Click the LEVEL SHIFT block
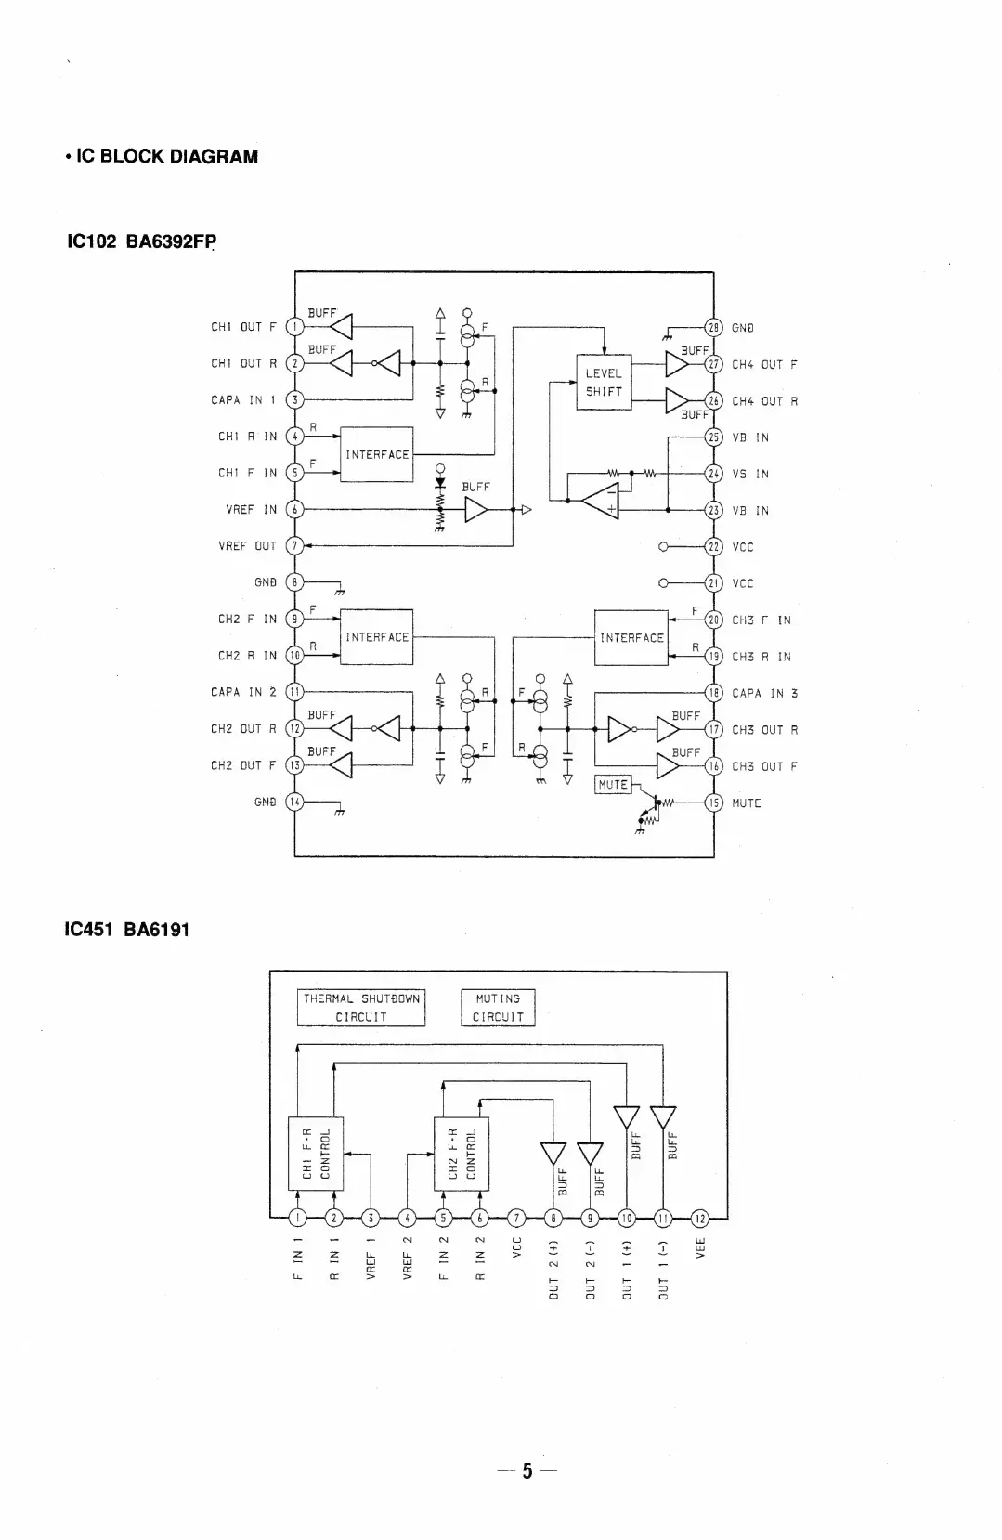coord(604,382)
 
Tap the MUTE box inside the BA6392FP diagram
coord(613,785)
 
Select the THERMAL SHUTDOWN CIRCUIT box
coord(361,1008)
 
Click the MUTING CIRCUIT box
coord(499,1008)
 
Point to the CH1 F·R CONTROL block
coord(316,1154)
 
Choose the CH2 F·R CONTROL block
coord(462,1154)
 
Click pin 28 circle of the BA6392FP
coord(714,327)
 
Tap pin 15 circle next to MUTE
coord(714,803)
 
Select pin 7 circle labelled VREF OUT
coord(294,546)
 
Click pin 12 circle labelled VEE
coord(700,1218)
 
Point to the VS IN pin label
coord(750,474)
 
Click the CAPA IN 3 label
coord(764,693)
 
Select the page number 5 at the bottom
coord(527,1470)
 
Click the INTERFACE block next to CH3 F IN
coord(631,638)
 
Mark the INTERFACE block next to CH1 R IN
coord(377,454)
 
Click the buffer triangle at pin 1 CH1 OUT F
coord(342,326)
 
